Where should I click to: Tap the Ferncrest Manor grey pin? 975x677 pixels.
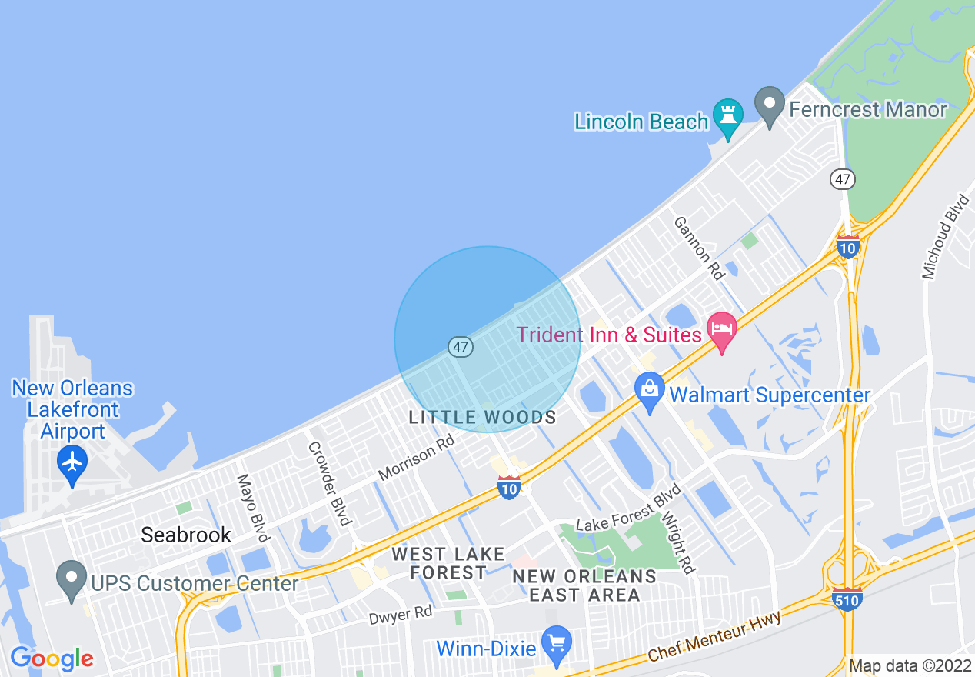(769, 106)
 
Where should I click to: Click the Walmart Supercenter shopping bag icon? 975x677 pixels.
(650, 392)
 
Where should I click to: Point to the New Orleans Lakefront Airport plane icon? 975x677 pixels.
(72, 462)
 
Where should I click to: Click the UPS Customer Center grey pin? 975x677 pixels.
(72, 581)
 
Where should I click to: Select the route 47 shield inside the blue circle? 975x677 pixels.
(460, 347)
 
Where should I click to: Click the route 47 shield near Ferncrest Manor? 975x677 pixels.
(843, 179)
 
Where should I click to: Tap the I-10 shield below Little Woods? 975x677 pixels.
(509, 487)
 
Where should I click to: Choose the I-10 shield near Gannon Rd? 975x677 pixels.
(847, 246)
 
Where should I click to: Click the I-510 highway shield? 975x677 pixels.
(847, 598)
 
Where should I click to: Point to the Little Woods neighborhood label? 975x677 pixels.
(483, 418)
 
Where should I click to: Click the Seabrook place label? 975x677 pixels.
(186, 535)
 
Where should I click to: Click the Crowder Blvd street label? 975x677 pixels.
(330, 482)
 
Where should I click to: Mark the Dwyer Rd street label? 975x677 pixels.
(400, 613)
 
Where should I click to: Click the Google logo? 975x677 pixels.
(52, 658)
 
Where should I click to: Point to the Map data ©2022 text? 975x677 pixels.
(909, 665)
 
